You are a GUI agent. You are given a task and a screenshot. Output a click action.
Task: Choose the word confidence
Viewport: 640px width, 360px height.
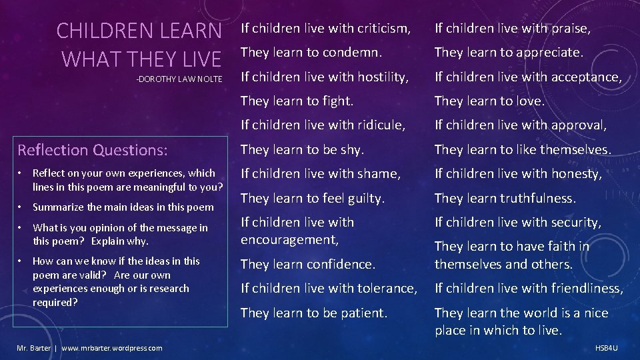coord(341,264)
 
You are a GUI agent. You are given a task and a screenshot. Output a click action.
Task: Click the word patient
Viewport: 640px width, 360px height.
coord(362,313)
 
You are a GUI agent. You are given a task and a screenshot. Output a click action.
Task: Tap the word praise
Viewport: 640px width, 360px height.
coord(570,29)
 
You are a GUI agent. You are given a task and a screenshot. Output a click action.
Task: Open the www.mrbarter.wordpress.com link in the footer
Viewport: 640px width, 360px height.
coord(111,348)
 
